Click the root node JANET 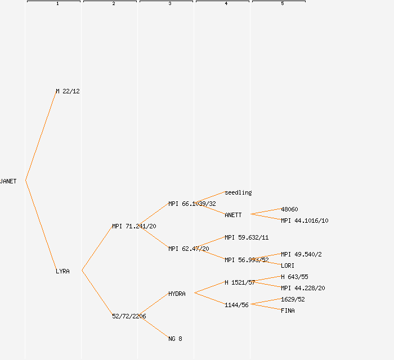coord(8,181)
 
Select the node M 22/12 coord(68,91)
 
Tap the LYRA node coord(62,271)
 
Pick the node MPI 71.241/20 coord(134,226)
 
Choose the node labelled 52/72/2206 coord(129,316)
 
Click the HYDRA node coord(177,294)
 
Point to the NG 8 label coord(175,339)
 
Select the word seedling coord(238,192)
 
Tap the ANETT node coord(233,215)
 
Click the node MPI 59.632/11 coord(247,237)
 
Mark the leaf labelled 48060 coord(289,209)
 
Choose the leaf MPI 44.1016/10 coord(305,220)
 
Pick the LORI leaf coord(288,265)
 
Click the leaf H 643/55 coord(294,277)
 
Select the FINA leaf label coord(288,310)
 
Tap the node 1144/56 coord(236,305)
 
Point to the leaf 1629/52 coord(293,299)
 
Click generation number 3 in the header coord(169,4)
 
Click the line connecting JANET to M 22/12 coord(41,136)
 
